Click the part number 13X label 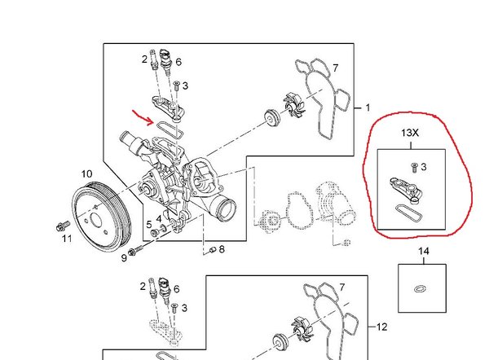pos(410,133)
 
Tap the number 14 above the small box pos(423,251)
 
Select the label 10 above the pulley pos(86,174)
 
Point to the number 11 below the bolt pos(67,239)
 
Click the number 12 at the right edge pos(382,327)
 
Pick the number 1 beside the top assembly pos(368,108)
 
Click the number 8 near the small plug pos(222,249)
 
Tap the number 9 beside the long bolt pos(124,258)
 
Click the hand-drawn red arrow pos(143,117)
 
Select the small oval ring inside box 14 pos(421,289)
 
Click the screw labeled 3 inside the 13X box pos(414,168)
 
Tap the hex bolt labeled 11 pos(63,226)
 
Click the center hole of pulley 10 pos(96,221)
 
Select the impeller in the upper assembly pos(293,106)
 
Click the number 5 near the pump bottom pos(149,225)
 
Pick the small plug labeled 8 pos(213,249)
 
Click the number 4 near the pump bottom pos(159,219)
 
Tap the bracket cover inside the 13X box pos(406,189)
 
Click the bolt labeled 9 pos(135,249)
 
